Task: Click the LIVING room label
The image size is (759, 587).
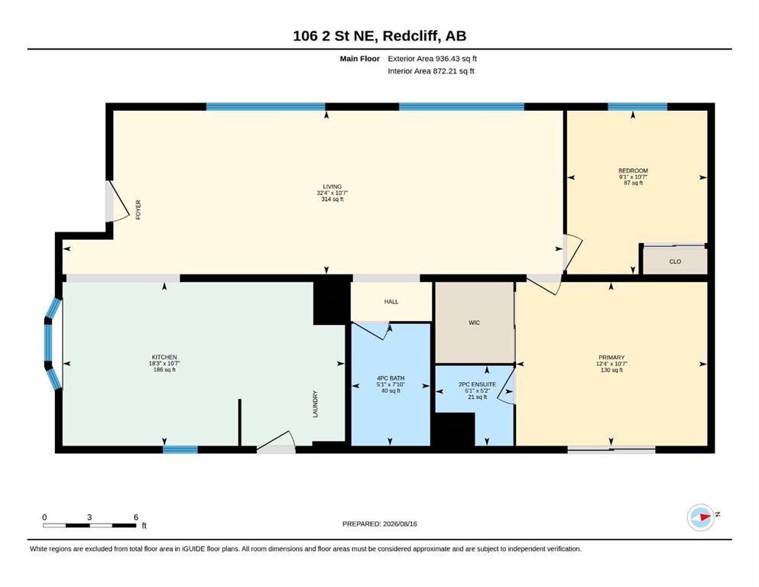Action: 332,186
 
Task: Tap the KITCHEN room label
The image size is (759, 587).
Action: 164,357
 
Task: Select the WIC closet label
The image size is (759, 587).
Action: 474,323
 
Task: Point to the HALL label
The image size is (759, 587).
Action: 391,301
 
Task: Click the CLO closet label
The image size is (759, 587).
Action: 675,262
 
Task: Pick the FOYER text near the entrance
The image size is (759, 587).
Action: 138,210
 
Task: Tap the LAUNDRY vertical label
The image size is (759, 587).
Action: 315,404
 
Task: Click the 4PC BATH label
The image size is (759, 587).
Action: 391,378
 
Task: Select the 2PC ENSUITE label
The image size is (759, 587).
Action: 477,384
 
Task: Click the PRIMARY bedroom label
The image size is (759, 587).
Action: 611,358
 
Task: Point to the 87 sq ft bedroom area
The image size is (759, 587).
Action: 633,183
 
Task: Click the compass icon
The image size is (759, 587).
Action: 701,517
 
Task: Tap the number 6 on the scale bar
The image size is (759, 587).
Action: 136,517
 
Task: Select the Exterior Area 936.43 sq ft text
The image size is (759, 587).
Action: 433,59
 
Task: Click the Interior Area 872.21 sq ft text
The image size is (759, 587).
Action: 431,71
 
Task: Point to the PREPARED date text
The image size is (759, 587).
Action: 379,524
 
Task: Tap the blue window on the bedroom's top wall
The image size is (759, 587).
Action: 637,107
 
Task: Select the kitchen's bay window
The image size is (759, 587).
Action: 54,344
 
